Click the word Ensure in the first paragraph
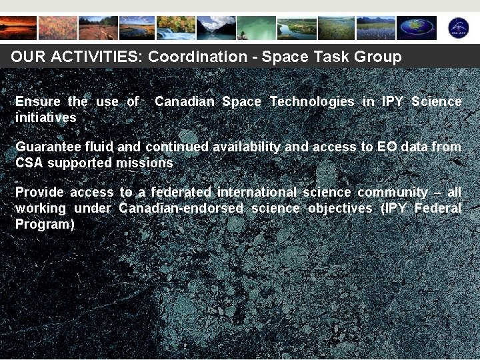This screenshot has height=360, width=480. (38, 101)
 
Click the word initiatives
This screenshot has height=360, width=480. (45, 117)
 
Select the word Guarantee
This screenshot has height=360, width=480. (45, 147)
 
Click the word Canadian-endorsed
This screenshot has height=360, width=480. (181, 208)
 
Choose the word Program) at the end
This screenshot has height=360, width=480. (45, 224)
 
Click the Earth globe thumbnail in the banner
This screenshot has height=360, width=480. (417, 28)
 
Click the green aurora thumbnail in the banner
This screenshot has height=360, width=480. (257, 28)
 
